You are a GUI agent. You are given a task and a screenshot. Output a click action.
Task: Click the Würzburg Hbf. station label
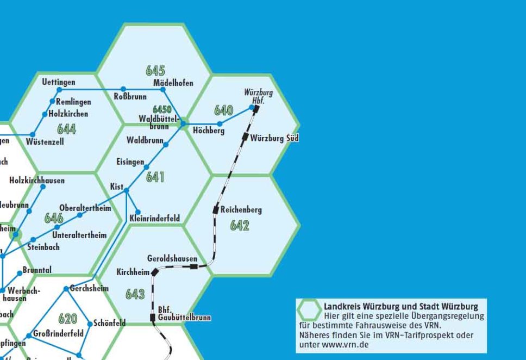point(258,97)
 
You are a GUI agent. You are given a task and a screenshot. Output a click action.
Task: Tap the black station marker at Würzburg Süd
point(246,136)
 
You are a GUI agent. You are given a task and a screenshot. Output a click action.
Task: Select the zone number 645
point(155,71)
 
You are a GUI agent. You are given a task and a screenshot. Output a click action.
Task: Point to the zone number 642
point(240,225)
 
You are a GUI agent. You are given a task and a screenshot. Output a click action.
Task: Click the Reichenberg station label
point(241,209)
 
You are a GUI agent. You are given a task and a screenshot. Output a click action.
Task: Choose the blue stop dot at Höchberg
point(220,124)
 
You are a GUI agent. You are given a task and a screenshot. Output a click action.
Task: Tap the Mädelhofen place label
point(173,83)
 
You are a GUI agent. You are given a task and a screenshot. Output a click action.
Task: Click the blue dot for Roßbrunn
point(123,89)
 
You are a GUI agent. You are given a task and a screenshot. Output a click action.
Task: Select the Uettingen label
point(59,82)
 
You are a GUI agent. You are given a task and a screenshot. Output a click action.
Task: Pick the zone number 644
point(66,129)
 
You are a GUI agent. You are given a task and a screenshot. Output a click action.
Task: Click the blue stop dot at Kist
point(127,190)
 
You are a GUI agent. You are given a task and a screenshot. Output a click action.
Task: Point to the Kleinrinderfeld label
point(155,219)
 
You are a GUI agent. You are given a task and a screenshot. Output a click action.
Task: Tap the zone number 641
point(155,177)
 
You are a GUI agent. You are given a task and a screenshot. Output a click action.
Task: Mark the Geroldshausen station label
point(172,258)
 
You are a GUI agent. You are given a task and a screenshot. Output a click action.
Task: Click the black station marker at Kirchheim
point(154,271)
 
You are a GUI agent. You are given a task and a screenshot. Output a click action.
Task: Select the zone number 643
point(135,294)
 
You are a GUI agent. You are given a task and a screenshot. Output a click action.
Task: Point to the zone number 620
point(67,319)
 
